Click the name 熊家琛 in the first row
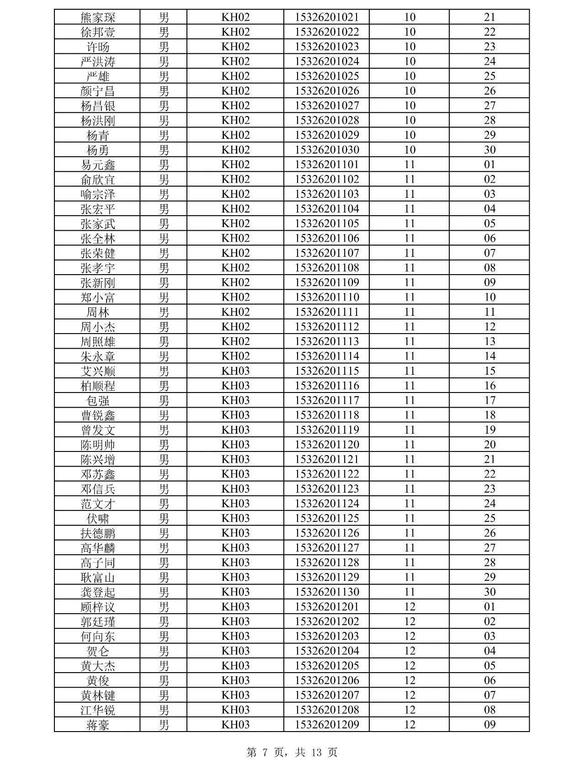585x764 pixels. click(x=98, y=17)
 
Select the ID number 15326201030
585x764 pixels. click(x=327, y=150)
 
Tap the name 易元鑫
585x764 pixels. click(x=98, y=164)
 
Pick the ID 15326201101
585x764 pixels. click(x=327, y=164)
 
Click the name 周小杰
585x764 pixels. click(x=98, y=327)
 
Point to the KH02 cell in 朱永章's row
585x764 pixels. click(x=235, y=356)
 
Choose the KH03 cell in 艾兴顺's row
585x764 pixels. click(x=235, y=371)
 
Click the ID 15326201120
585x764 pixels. click(x=327, y=445)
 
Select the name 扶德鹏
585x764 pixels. click(x=98, y=533)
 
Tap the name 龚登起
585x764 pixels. click(x=98, y=592)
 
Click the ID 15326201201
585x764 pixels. click(x=327, y=607)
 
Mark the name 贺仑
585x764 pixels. click(x=98, y=651)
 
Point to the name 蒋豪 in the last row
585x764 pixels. click(x=98, y=725)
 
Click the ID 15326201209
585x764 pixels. click(x=327, y=725)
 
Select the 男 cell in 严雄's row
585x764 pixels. click(x=164, y=76)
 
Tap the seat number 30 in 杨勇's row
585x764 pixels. click(x=489, y=150)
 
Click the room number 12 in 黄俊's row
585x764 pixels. click(x=409, y=680)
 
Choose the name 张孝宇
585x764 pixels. click(x=98, y=268)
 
